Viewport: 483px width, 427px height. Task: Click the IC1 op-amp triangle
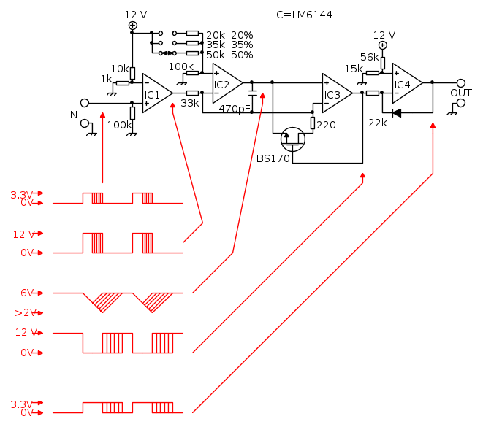point(155,93)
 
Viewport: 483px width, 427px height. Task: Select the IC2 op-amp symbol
point(224,83)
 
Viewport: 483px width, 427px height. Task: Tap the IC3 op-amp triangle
point(335,93)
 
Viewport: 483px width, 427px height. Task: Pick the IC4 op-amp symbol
point(405,83)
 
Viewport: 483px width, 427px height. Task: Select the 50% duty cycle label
point(242,55)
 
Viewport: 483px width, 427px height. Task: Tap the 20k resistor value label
point(215,35)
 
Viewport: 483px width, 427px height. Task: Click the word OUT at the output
point(460,93)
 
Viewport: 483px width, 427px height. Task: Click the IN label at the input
point(72,115)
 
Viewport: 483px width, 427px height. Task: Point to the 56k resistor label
point(370,57)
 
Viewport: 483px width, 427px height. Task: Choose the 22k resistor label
point(378,122)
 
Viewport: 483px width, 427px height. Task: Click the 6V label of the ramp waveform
point(27,293)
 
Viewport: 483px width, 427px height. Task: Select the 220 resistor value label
point(326,125)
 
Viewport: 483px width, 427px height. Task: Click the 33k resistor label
point(189,104)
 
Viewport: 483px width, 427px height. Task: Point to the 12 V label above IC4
point(384,34)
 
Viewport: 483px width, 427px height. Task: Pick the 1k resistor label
point(107,79)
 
